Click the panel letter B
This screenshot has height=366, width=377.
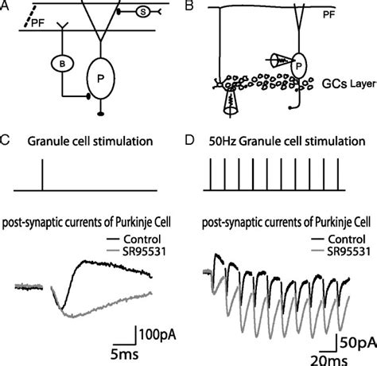pyautogui.click(x=199, y=6)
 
